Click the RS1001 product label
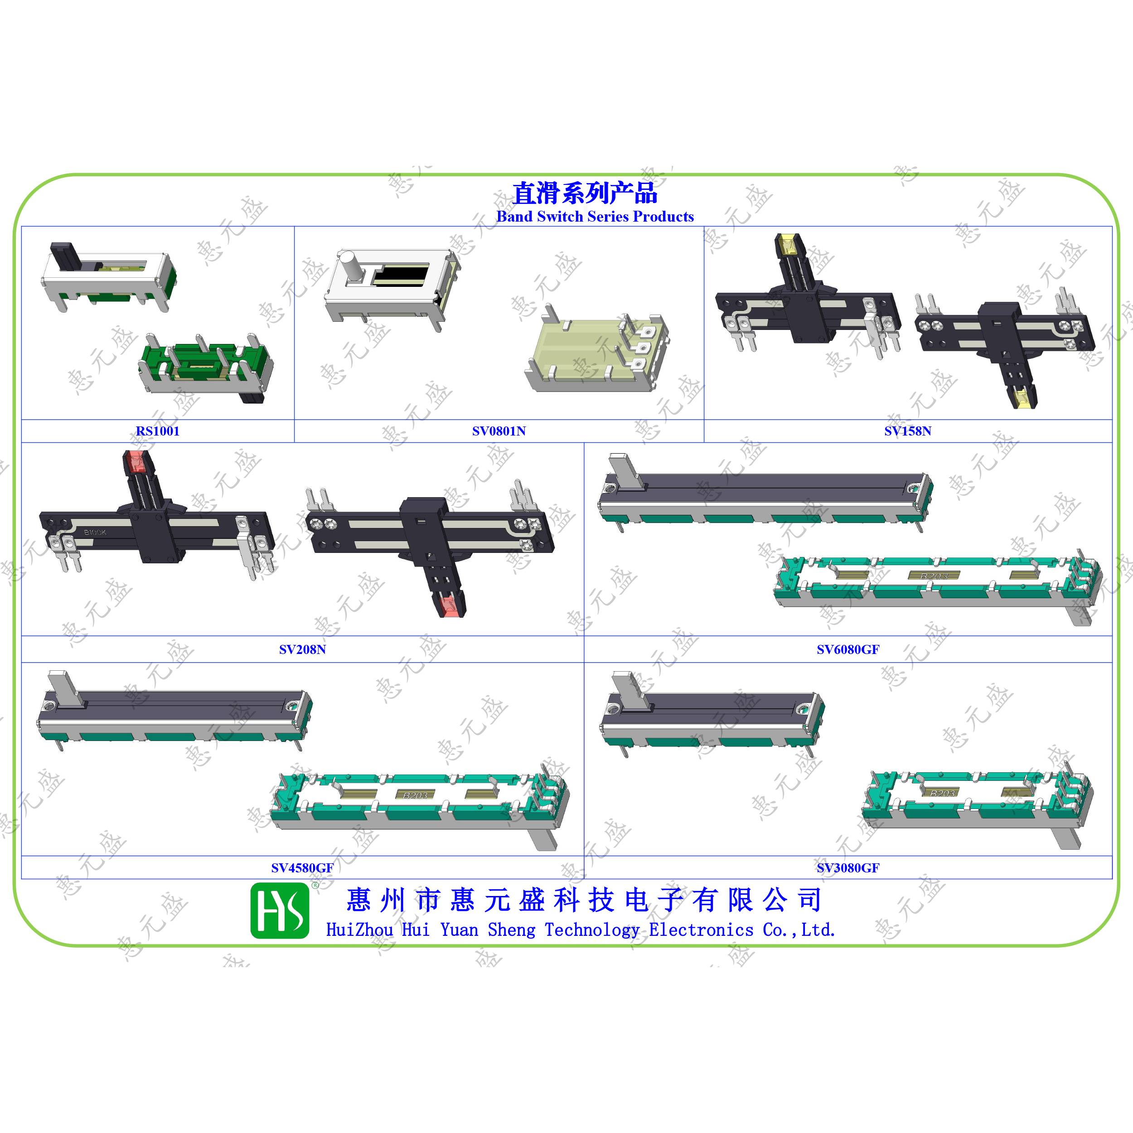click(x=158, y=431)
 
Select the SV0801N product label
click(x=499, y=431)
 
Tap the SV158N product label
click(x=908, y=431)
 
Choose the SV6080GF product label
click(x=848, y=649)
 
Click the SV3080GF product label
click(x=848, y=867)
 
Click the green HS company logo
click(x=280, y=911)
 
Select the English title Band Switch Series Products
click(x=595, y=216)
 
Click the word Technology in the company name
click(x=592, y=930)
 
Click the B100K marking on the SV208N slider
click(x=96, y=532)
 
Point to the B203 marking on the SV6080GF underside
click(x=934, y=576)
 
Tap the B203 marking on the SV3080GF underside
click(x=942, y=793)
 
